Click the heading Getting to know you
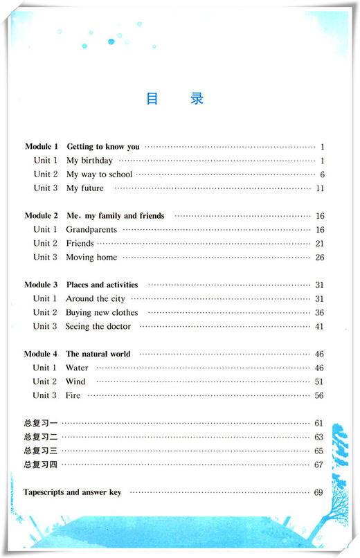coord(102,147)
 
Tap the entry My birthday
coord(89,161)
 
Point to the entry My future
coord(85,188)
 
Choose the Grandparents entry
coord(91,230)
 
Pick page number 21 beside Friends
coord(320,244)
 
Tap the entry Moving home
coord(91,258)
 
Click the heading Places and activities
coord(102,285)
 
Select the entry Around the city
coord(96,299)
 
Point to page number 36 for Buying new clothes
coord(320,313)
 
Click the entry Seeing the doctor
coord(98,326)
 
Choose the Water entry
coord(77,368)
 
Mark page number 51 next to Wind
coord(320,381)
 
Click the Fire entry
coord(73,395)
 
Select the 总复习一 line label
coord(39,423)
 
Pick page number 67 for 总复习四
coord(319,465)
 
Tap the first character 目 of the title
coord(152,98)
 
